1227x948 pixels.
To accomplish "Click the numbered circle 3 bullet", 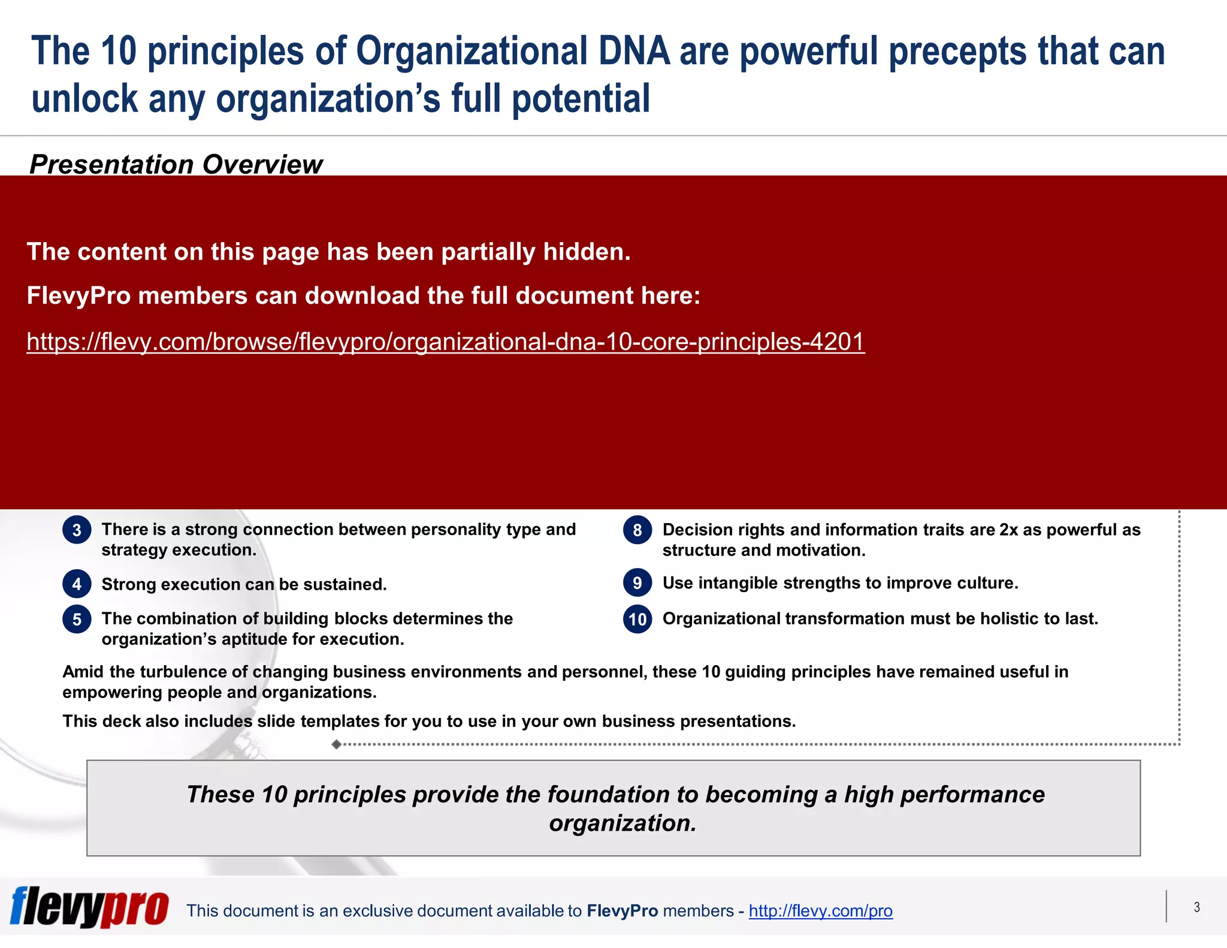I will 77,530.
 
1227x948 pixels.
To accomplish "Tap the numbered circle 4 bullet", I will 77,584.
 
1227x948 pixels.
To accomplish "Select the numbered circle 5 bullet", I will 77,619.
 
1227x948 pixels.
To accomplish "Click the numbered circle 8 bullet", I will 637,530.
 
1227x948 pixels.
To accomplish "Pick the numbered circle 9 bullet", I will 637,583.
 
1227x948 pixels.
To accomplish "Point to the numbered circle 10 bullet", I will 637,619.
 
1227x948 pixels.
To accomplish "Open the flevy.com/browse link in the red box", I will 445,342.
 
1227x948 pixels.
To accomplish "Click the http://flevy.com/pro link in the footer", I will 820,911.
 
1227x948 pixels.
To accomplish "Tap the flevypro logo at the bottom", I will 89,907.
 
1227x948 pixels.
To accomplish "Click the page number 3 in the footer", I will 1196,907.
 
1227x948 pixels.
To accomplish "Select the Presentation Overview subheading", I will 176,164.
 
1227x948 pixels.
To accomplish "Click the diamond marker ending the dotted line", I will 337,744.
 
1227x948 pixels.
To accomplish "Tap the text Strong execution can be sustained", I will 244,584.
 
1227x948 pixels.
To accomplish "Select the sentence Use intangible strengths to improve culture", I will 840,583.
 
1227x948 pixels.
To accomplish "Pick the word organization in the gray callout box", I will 622,823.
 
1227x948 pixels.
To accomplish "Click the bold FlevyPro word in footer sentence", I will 622,911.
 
